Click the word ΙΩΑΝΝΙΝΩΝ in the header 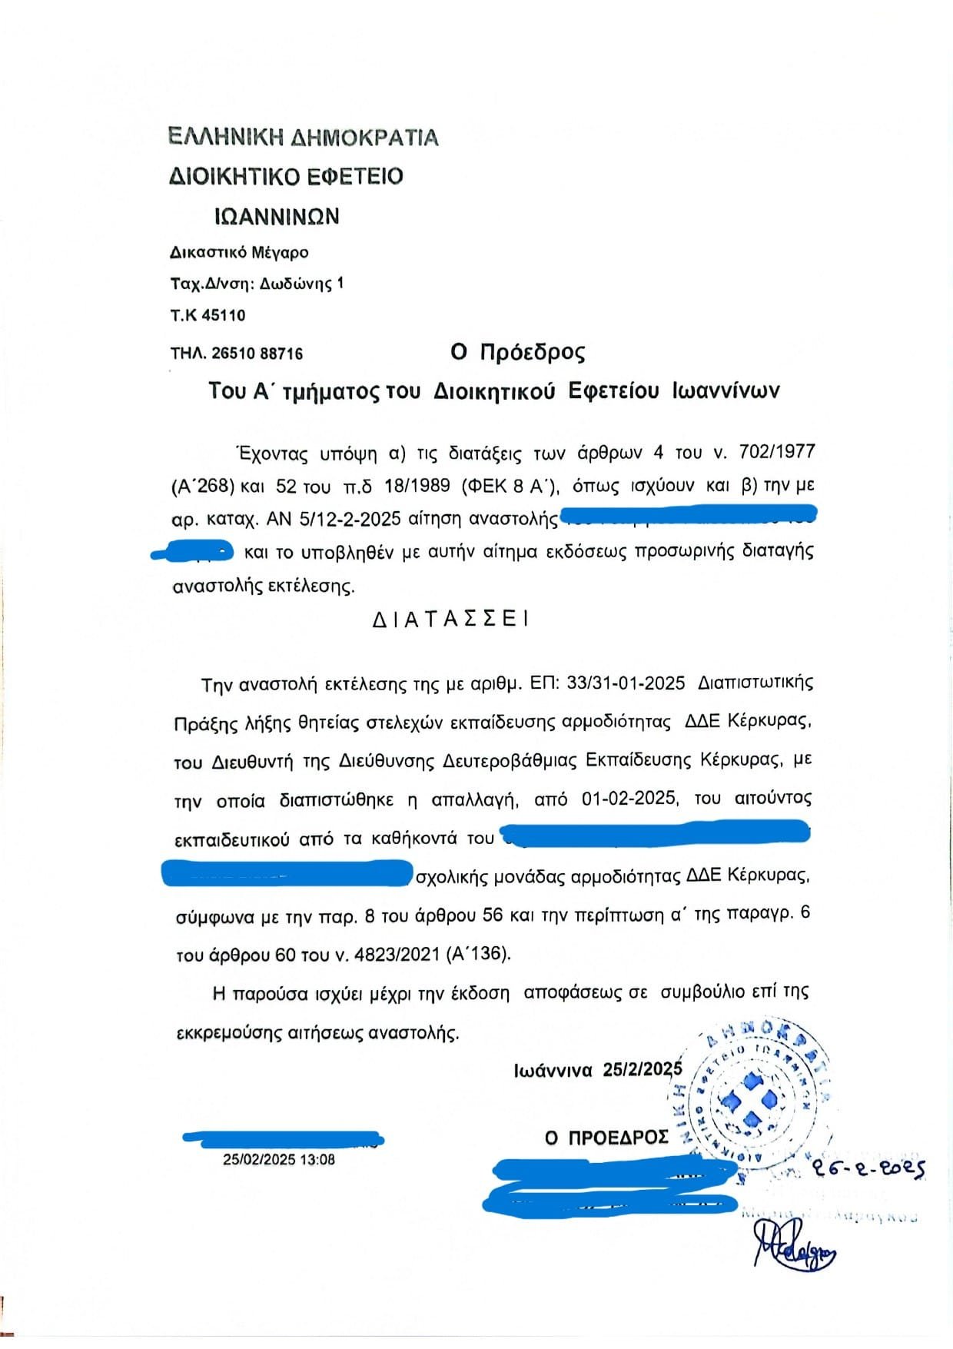click(x=277, y=216)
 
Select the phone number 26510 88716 click(x=257, y=354)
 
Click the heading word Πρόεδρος click(x=533, y=352)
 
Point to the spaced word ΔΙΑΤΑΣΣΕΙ click(x=450, y=620)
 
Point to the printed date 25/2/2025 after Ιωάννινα click(x=643, y=1069)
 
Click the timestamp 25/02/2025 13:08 click(x=279, y=1160)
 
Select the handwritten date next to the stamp click(x=868, y=1169)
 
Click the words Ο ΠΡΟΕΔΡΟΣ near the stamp click(x=606, y=1138)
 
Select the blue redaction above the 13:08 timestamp click(x=283, y=1138)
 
